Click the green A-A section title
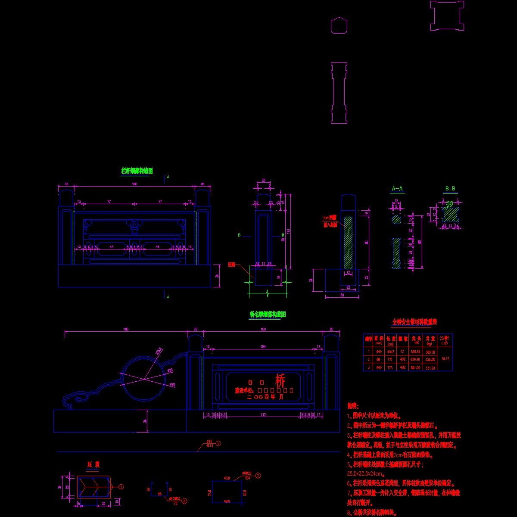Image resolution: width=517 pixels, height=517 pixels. [397, 189]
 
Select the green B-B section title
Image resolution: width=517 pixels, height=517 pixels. [450, 189]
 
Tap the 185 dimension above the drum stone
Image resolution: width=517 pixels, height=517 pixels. [126, 330]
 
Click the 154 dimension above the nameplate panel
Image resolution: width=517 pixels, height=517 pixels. [263, 346]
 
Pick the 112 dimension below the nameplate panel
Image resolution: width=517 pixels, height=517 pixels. [263, 415]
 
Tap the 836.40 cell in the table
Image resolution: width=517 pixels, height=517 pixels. [416, 359]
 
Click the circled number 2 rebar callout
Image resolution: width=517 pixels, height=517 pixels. [258, 476]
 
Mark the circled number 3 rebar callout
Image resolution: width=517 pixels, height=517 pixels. [184, 501]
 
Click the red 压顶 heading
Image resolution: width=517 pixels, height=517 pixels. [93, 465]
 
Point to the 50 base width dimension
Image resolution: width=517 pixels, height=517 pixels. [342, 296]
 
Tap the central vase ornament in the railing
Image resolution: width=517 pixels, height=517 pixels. [134, 225]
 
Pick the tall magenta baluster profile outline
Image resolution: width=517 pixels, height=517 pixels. [339, 93]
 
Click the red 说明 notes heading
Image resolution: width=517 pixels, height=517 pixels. [352, 406]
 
